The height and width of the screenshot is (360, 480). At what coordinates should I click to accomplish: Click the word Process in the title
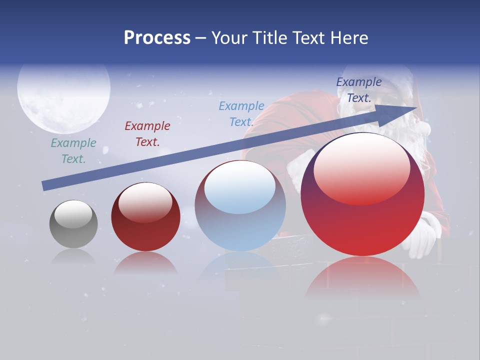[157, 38]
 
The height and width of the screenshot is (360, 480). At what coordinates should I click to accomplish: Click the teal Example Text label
[73, 151]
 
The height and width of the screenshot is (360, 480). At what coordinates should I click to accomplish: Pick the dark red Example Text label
[147, 134]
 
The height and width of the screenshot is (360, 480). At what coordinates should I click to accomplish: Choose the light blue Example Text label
[241, 114]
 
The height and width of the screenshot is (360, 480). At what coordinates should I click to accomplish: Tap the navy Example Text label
[359, 90]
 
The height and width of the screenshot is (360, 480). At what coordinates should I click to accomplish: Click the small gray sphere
[73, 224]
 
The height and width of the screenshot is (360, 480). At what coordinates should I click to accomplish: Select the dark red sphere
[145, 217]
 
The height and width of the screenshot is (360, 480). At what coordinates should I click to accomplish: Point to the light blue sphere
[240, 206]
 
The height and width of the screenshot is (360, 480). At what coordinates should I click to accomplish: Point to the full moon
[63, 90]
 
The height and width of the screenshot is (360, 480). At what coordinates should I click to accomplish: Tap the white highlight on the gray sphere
[73, 214]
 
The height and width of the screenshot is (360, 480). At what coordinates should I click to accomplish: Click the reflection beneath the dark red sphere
[145, 263]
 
